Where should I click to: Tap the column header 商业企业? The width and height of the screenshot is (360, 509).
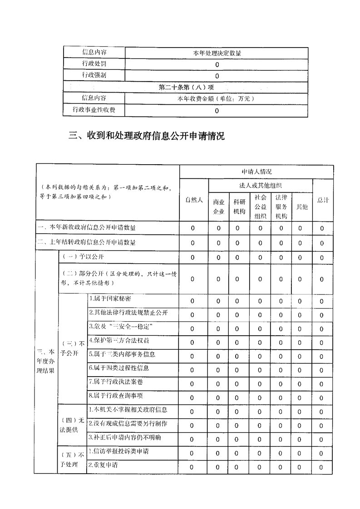pyautogui.click(x=218, y=206)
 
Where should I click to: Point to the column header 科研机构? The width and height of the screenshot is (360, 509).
pyautogui.click(x=239, y=206)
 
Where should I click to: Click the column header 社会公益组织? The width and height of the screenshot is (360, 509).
pyautogui.click(x=260, y=206)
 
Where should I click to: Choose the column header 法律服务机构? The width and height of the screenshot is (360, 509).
pyautogui.click(x=281, y=206)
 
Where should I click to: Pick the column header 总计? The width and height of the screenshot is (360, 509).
pyautogui.click(x=323, y=200)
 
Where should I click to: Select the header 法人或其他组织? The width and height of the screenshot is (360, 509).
pyautogui.click(x=260, y=186)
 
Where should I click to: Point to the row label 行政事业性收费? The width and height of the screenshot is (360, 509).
pyautogui.click(x=94, y=110)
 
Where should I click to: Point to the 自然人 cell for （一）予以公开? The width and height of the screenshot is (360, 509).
pyautogui.click(x=192, y=258)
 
